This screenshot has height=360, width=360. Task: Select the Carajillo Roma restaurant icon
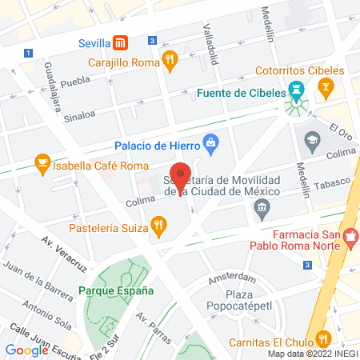169,59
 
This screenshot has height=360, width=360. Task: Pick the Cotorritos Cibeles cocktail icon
326,85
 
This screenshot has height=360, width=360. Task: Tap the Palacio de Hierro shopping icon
210,146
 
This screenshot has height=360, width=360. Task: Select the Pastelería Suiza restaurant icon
159,226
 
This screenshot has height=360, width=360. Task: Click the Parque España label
115,290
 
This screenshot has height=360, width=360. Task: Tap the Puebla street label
74,81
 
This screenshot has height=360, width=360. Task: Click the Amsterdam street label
231,278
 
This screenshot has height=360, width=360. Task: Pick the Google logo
26,350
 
